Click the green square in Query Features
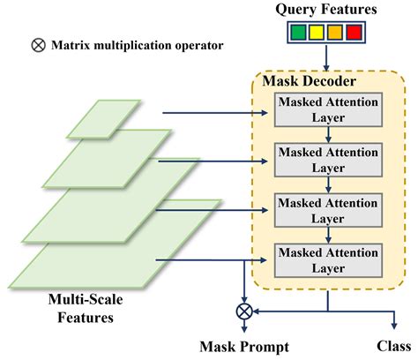[x=299, y=34]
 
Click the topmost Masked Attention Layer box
[x=327, y=110]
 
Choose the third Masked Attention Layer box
[x=327, y=209]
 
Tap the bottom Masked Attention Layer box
[x=327, y=259]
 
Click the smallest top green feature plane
[x=103, y=119]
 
